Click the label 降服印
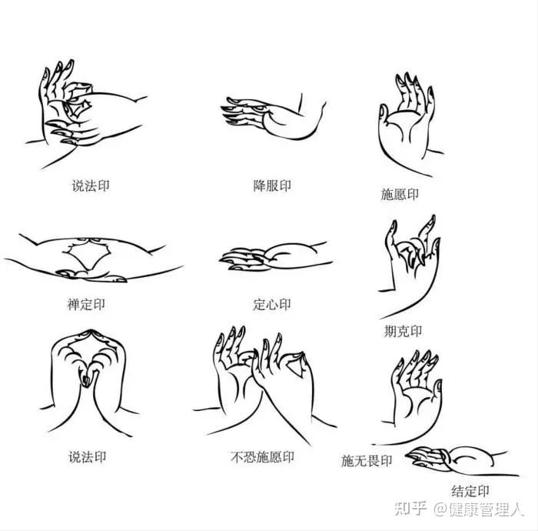coord(272,185)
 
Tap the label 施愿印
coord(400,194)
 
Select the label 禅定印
coord(86,304)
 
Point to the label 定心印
coord(272,304)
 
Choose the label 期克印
coord(403,332)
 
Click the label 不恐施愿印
coord(263,457)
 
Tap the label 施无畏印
coord(367,461)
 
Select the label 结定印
coord(470,491)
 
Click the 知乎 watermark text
coord(410,509)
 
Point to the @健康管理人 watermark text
coord(479,509)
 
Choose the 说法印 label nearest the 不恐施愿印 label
coord(88,457)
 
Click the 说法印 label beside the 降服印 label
coord(91,185)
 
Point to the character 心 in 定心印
coord(272,304)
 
